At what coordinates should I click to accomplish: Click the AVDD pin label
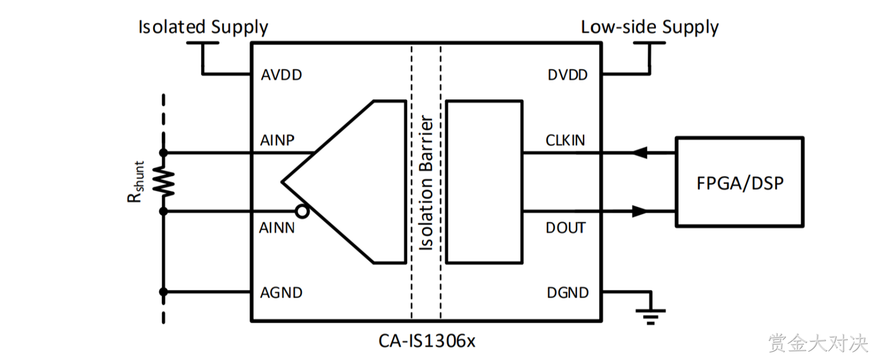click(282, 75)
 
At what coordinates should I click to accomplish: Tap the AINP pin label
click(277, 140)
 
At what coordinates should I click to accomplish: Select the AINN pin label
click(277, 228)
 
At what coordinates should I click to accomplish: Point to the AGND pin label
click(282, 293)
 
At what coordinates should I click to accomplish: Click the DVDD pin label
click(568, 75)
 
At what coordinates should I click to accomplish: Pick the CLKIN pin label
click(565, 140)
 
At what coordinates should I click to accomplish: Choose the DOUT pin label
click(566, 228)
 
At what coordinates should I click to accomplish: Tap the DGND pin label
click(568, 293)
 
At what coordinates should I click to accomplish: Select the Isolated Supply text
click(203, 27)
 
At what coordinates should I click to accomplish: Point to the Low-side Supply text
click(650, 27)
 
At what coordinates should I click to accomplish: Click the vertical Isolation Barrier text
click(426, 182)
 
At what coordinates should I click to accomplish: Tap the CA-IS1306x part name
click(427, 341)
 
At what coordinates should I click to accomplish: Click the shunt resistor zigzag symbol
click(163, 181)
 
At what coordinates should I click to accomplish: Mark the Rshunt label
click(135, 182)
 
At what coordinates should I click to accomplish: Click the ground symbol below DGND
click(650, 317)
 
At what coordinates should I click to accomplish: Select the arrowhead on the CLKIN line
click(640, 153)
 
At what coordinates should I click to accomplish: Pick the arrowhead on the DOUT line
click(640, 212)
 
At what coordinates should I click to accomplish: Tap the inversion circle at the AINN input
click(302, 212)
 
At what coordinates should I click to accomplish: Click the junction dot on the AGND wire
click(163, 292)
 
